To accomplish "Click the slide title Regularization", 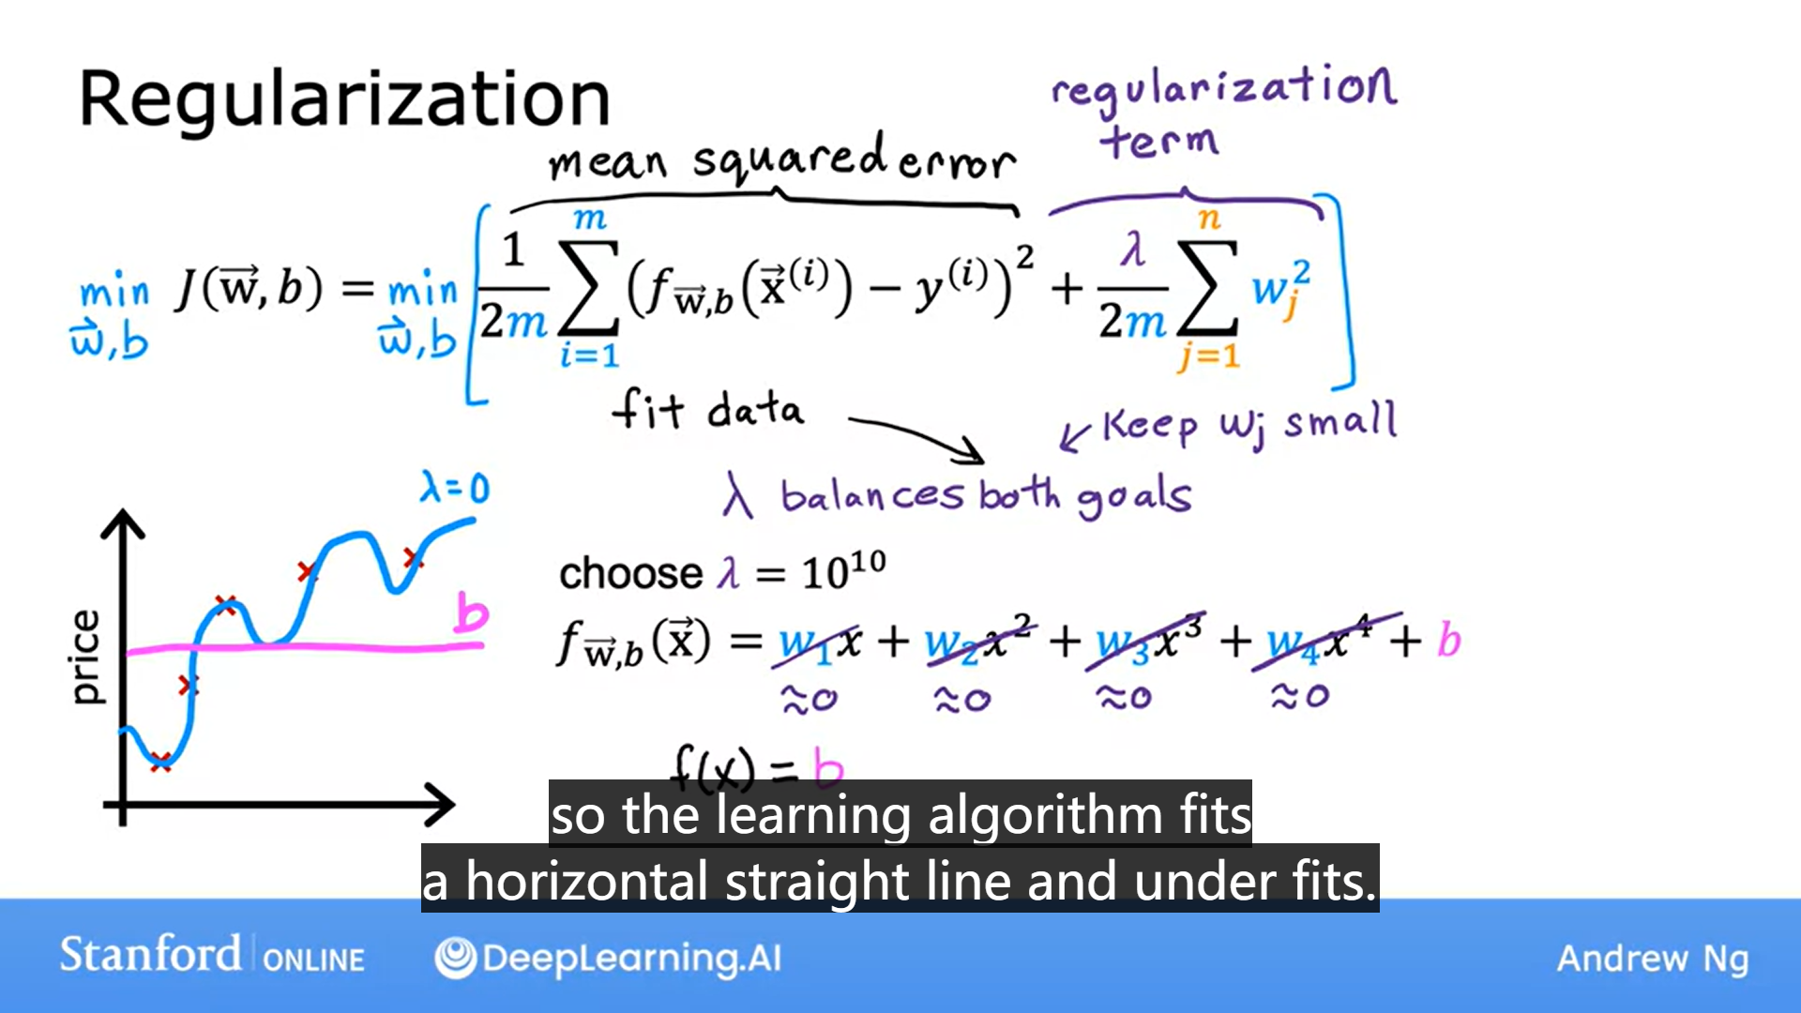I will pos(344,99).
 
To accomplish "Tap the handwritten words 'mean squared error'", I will pos(781,159).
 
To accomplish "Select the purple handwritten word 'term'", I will pos(1159,142).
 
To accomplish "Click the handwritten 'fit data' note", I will pos(708,410).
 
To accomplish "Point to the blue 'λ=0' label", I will pos(455,488).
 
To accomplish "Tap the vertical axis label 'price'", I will pos(85,657).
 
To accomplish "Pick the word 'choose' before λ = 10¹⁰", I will pos(630,573).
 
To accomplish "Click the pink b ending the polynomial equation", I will pos(1449,641).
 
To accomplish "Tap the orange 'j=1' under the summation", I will pos(1208,356).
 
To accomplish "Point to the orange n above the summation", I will pos(1209,219).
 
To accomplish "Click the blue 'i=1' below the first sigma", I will pos(589,356).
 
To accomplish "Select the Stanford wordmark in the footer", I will pos(150,955).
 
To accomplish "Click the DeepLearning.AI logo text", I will pos(630,958).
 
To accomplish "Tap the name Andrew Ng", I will pos(1653,959).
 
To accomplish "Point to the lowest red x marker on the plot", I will pos(161,762).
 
